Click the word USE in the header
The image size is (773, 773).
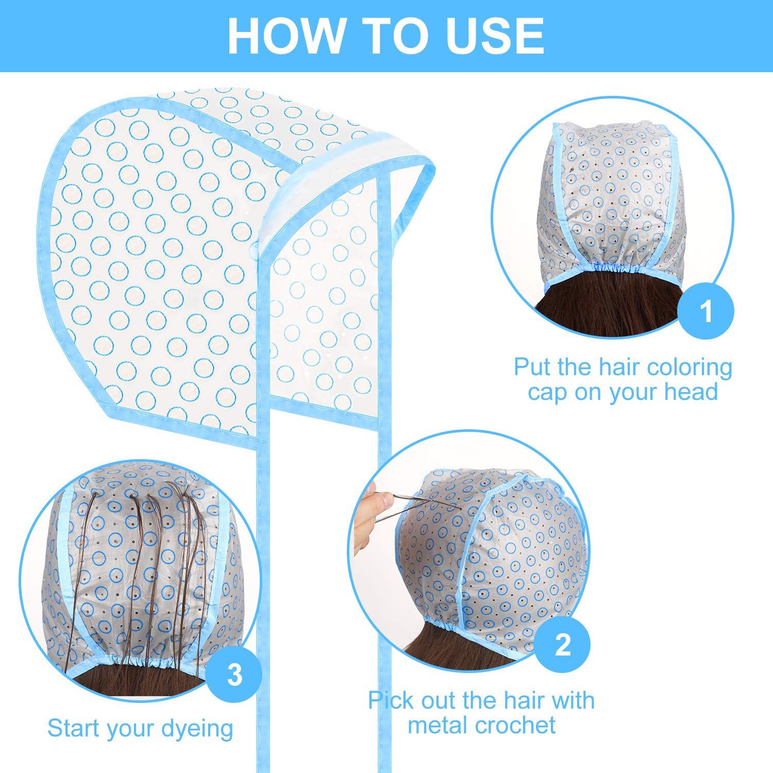point(495,36)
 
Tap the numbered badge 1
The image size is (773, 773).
point(705,311)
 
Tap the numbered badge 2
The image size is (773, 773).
point(562,645)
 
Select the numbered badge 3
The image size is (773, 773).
point(234,675)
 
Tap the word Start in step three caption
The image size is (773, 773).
point(71,728)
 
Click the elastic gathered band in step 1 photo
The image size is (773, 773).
point(613,268)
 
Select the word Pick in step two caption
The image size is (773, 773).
point(392,701)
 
